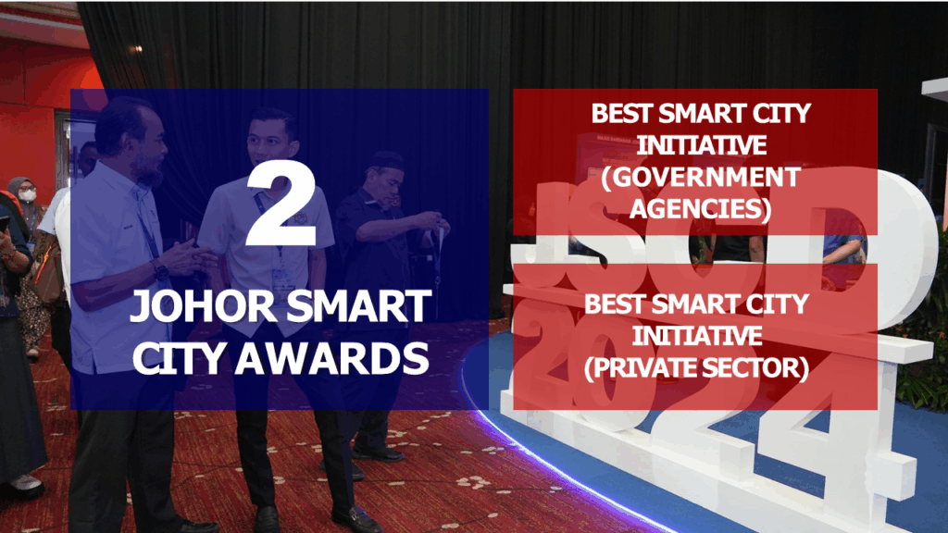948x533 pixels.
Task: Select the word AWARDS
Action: (x=332, y=359)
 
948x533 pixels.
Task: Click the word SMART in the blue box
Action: (x=358, y=306)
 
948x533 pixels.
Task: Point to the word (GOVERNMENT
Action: (x=701, y=178)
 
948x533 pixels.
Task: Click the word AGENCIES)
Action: (x=700, y=209)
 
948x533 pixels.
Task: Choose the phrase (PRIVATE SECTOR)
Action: (x=696, y=368)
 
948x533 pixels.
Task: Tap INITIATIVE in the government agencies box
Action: (x=702, y=145)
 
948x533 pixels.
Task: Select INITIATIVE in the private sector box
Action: (x=697, y=336)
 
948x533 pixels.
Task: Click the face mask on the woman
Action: (x=27, y=194)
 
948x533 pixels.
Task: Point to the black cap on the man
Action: (x=387, y=160)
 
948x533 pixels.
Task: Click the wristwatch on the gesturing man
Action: (x=160, y=270)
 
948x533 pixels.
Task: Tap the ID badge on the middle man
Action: (x=281, y=279)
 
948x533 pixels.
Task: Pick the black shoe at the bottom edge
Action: (x=356, y=519)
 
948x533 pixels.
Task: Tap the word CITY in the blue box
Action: (x=179, y=359)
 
